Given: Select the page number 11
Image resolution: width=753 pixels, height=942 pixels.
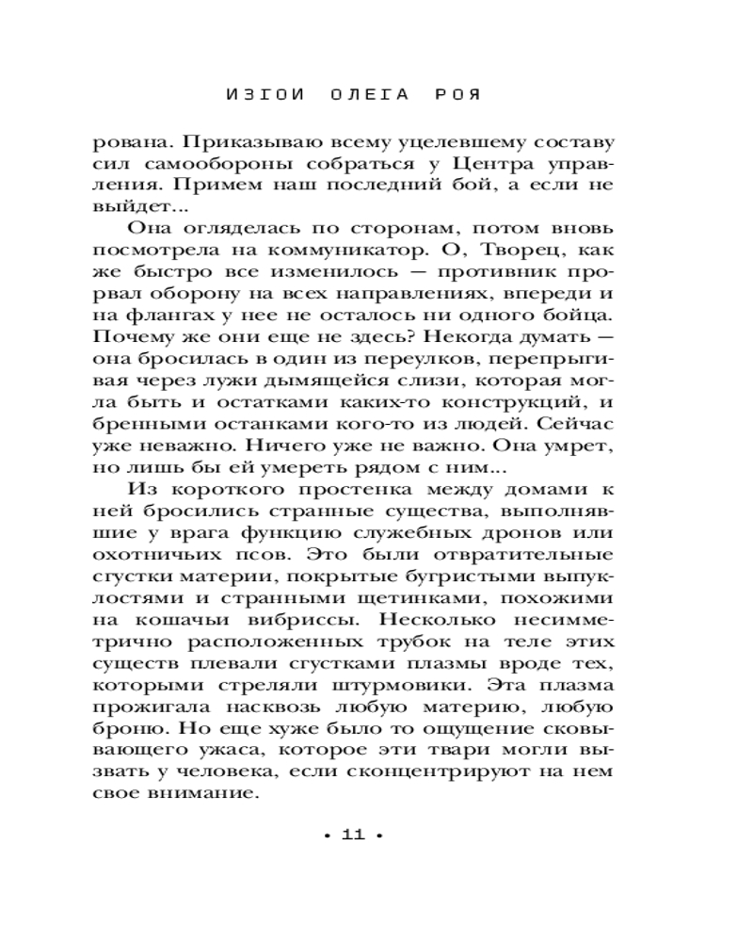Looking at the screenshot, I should (351, 836).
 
